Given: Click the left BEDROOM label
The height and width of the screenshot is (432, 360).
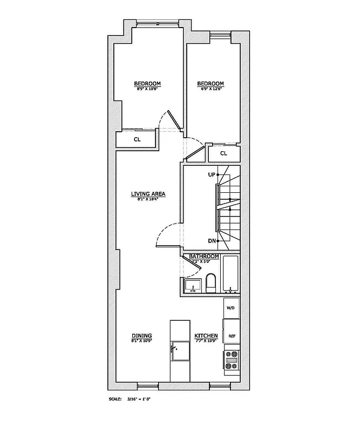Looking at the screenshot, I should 147,83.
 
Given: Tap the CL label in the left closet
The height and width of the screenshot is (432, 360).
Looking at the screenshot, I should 137,139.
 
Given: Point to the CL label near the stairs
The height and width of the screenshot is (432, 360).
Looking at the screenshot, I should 223,153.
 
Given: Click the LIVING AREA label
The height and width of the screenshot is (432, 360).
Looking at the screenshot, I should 147,194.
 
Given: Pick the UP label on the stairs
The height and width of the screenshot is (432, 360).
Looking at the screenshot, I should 212,174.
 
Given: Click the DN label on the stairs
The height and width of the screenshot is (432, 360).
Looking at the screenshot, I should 212,241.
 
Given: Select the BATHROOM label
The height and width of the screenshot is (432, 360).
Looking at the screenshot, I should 203,256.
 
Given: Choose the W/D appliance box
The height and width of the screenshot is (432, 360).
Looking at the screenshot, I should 231,308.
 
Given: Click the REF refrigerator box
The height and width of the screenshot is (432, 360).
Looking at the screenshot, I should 232,335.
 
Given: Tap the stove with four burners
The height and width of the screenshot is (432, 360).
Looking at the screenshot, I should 232,360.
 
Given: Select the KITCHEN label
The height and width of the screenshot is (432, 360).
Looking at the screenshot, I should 206,335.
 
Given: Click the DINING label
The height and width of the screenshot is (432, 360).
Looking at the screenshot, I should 141,335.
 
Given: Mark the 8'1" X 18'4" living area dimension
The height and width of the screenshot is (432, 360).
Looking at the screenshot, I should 147,199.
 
